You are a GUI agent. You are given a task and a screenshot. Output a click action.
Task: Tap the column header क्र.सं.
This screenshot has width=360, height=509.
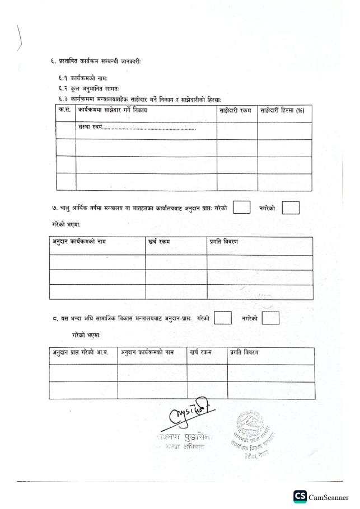[66, 111]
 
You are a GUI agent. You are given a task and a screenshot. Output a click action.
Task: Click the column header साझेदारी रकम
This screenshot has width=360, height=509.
[236, 111]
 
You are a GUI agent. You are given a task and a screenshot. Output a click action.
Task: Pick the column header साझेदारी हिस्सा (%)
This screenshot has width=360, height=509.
[282, 111]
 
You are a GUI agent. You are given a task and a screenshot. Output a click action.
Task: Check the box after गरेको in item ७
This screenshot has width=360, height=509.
[241, 208]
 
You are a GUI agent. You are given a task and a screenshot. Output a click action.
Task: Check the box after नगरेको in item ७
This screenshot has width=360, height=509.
[291, 208]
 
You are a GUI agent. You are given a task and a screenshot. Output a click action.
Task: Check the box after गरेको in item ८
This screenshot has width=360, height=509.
[223, 318]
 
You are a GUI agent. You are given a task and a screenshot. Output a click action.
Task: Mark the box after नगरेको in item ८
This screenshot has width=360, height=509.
[270, 318]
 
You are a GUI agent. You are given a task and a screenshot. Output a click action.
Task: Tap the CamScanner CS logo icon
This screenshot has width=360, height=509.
[300, 497]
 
